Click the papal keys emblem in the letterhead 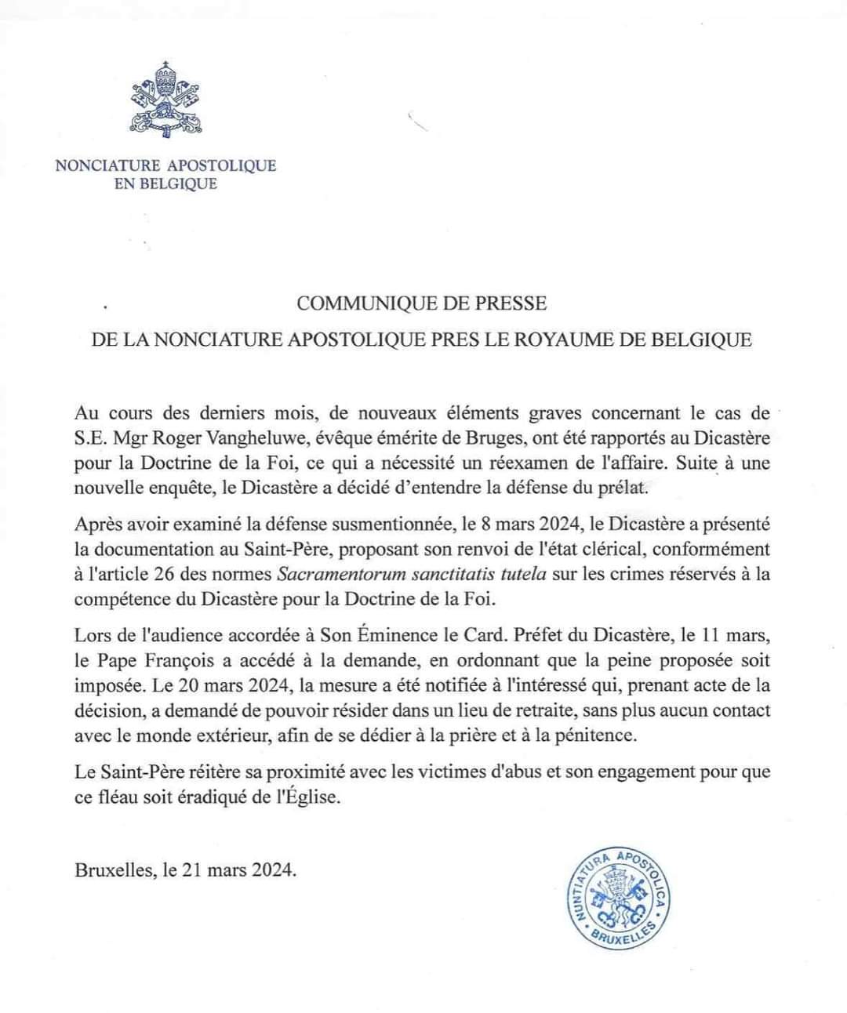tap(165, 101)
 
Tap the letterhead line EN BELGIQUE tap(165, 185)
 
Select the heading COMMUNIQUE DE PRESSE tap(422, 303)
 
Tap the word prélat tap(623, 488)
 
